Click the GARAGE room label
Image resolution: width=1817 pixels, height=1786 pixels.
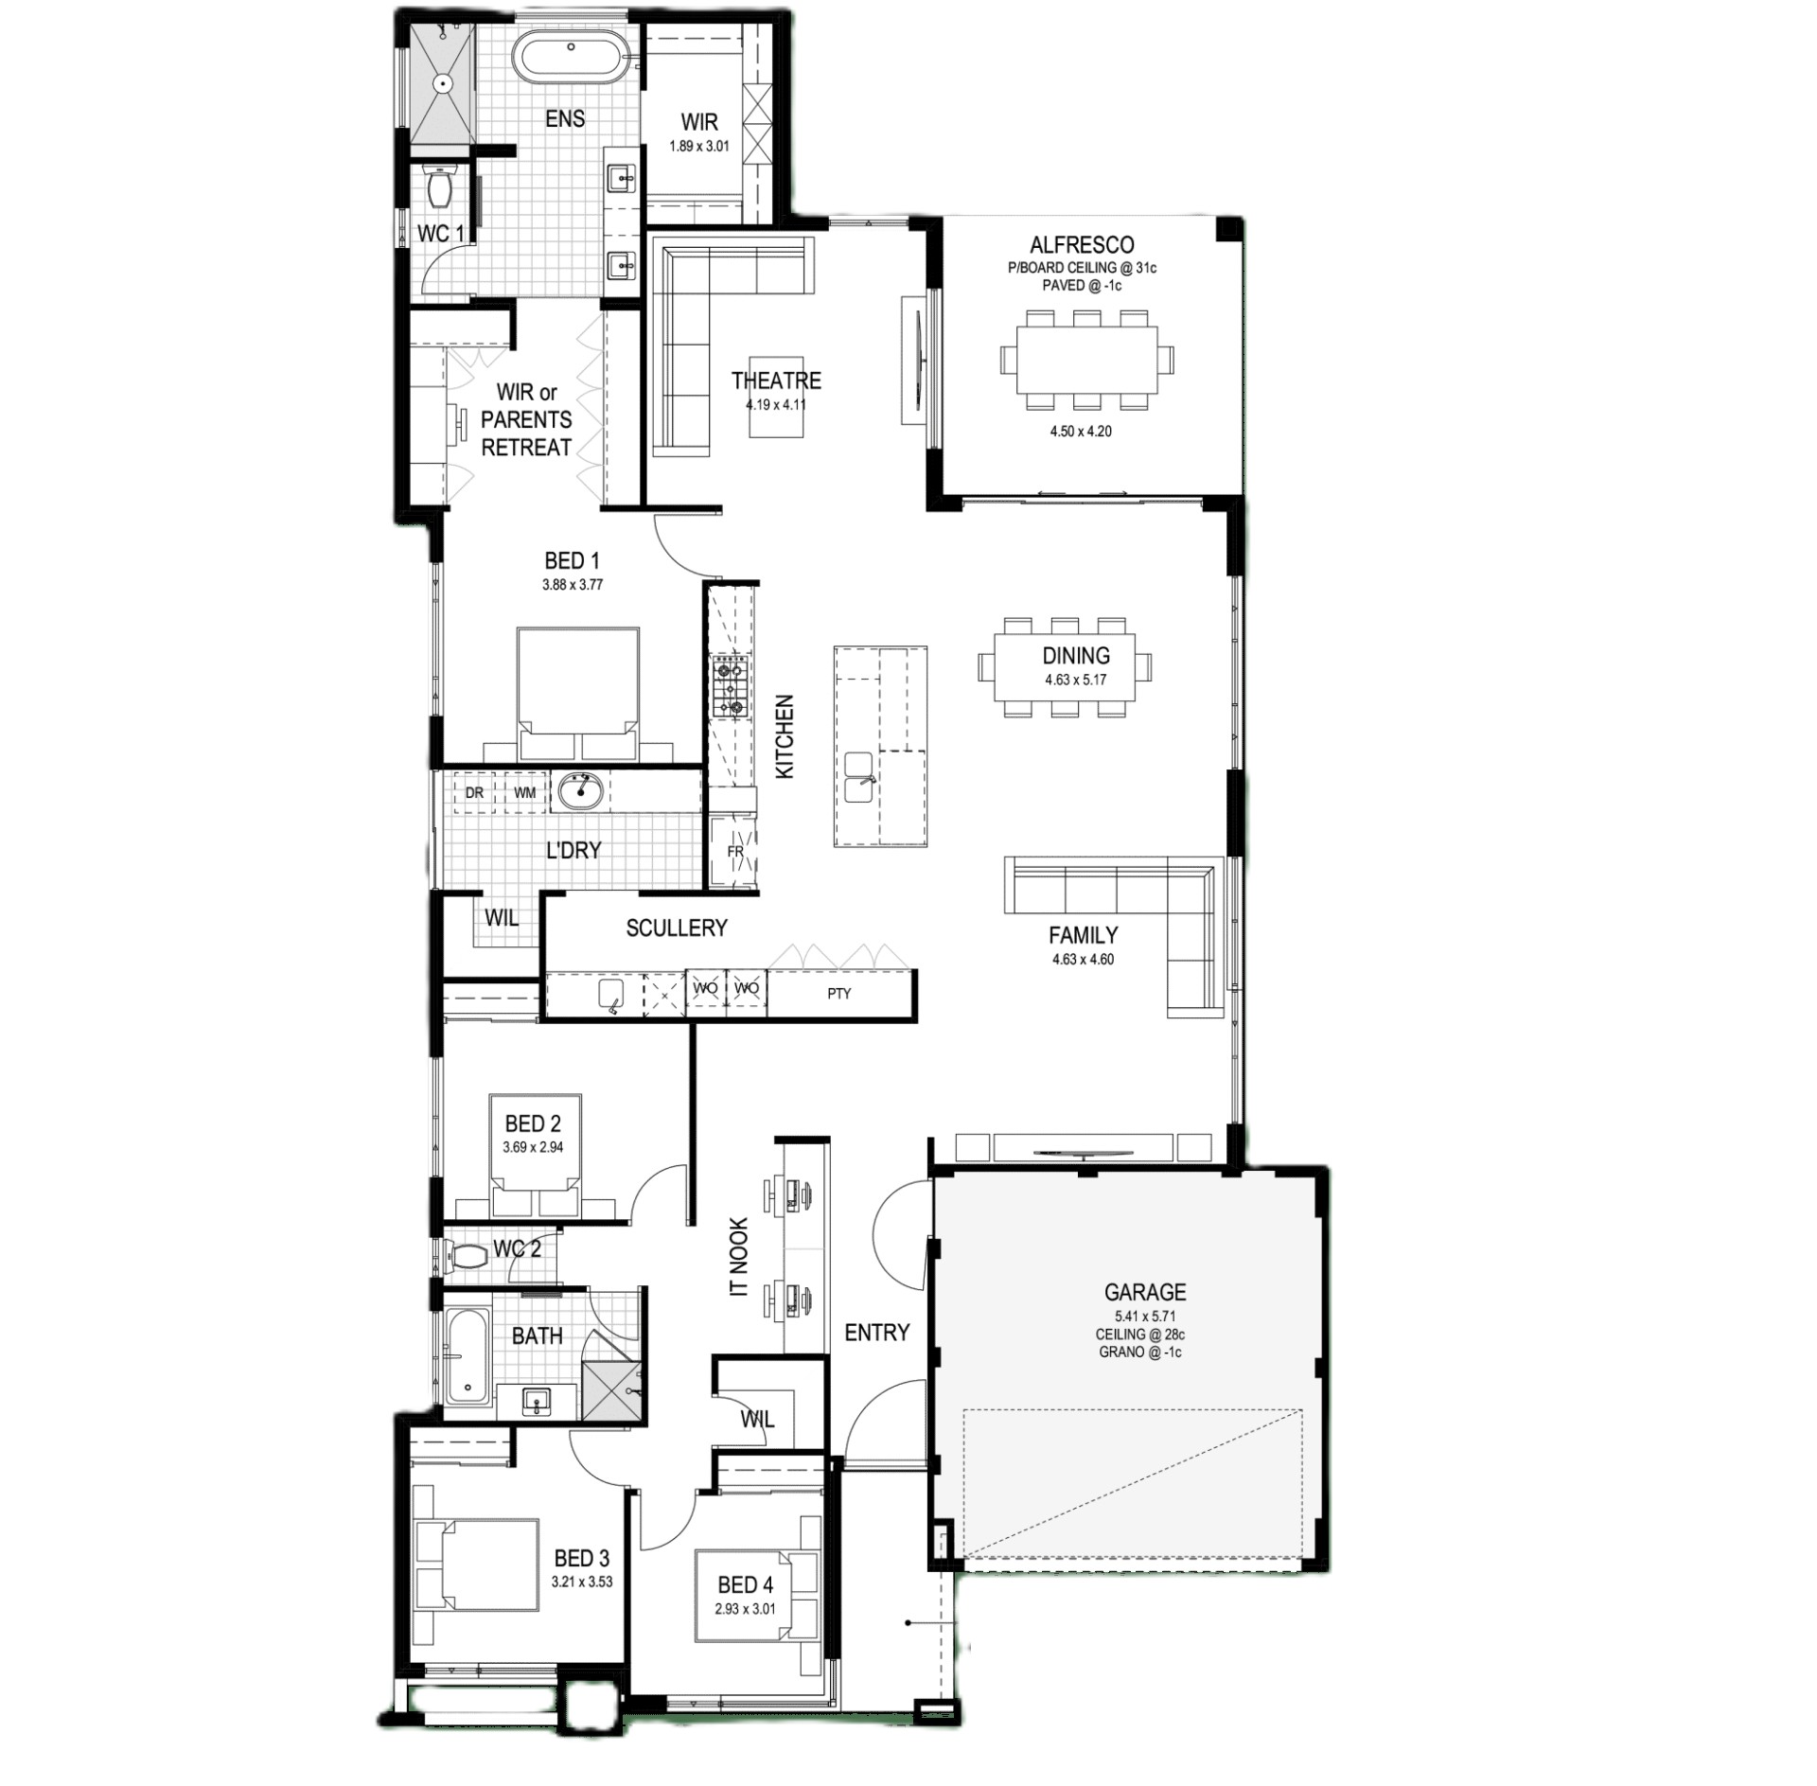(x=1145, y=1292)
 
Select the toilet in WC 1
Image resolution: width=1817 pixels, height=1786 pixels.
(x=440, y=186)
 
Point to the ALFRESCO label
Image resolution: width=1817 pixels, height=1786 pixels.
(x=1082, y=245)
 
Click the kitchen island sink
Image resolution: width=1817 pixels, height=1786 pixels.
(x=858, y=777)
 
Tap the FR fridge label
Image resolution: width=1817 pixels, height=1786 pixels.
(x=735, y=852)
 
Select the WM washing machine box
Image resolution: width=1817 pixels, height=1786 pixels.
(x=524, y=793)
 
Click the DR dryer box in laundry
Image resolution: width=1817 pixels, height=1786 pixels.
(x=474, y=793)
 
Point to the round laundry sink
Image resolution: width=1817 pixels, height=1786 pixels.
(x=579, y=790)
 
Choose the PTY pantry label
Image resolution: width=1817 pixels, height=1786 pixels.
(x=838, y=993)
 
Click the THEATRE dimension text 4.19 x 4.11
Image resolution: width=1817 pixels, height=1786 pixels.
(x=776, y=405)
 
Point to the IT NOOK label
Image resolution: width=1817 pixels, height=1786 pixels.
(x=739, y=1257)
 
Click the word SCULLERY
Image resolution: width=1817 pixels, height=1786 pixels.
(x=677, y=928)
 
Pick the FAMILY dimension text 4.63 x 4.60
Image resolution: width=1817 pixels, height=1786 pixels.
(x=1083, y=959)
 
